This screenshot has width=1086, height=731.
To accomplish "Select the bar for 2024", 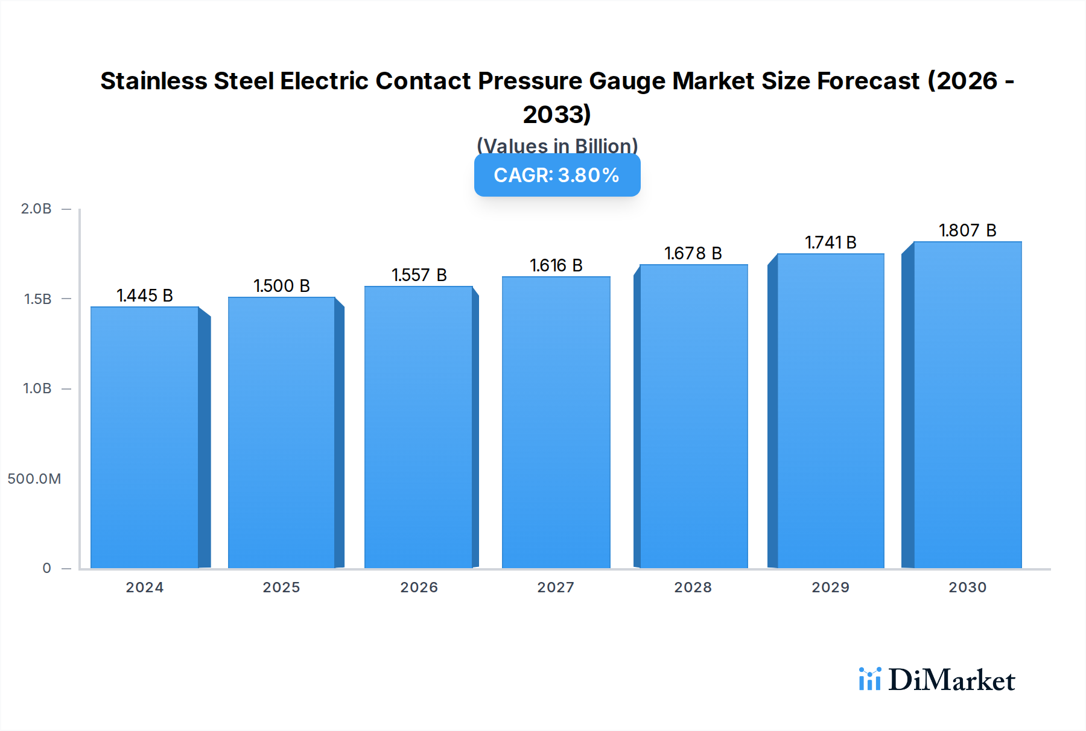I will click(x=145, y=437).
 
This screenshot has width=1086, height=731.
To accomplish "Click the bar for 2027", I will click(x=556, y=422).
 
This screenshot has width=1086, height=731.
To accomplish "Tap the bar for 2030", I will click(x=967, y=405).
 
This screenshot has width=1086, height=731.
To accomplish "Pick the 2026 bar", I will click(x=419, y=427).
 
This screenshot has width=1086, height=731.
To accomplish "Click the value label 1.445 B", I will click(x=145, y=296).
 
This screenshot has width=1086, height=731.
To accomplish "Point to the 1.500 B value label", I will click(x=282, y=286).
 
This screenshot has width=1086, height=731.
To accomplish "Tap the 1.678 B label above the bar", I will click(x=693, y=253).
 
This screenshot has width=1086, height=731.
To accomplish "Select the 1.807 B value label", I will click(x=967, y=230).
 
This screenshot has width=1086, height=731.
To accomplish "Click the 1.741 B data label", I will click(x=830, y=242).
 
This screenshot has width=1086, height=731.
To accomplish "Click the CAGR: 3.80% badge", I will click(x=557, y=176).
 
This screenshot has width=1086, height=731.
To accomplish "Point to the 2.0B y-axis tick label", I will click(x=36, y=209).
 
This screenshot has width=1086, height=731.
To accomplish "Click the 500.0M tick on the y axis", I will click(x=34, y=479).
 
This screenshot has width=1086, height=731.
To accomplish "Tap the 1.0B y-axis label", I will click(x=37, y=388).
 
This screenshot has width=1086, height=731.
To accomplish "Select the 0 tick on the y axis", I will click(x=46, y=568).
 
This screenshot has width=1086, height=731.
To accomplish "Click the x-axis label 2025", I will click(x=281, y=587).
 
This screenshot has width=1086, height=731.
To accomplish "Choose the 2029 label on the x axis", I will click(x=830, y=587).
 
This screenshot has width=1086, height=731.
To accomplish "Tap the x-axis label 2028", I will click(x=693, y=587).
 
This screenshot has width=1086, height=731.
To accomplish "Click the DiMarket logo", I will click(x=937, y=680).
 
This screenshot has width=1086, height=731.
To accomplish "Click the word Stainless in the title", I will click(x=153, y=81).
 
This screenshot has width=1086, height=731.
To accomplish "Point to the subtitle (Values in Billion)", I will click(x=557, y=145).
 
